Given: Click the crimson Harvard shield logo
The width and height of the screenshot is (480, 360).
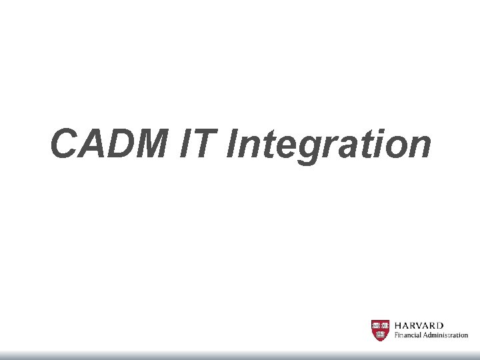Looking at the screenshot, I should pos(380,330).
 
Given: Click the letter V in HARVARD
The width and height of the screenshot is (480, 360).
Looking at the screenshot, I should pos(423,325).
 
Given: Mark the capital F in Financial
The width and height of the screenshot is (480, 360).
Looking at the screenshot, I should pos(397,335).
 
